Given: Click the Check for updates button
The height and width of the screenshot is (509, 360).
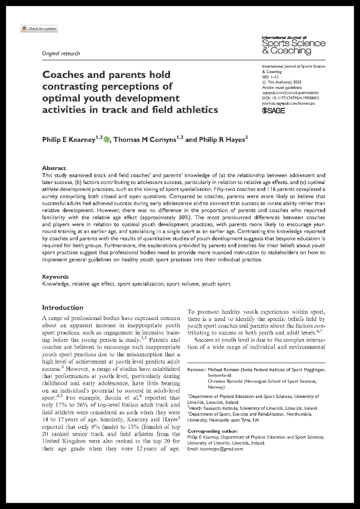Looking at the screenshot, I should click(x=39, y=29).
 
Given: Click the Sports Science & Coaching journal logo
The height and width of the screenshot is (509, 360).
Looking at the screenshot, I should click(x=293, y=44).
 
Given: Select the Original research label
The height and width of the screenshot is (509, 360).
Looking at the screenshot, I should click(x=61, y=53).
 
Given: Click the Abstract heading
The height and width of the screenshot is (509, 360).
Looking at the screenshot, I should click(x=54, y=168).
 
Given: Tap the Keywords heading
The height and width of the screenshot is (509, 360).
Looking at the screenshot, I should click(x=55, y=276).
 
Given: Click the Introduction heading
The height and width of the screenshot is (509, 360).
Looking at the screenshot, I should click(x=63, y=307).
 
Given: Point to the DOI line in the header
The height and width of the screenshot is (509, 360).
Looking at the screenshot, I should click(x=291, y=97).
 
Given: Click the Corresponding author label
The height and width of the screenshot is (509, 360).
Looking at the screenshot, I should click(x=212, y=430).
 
